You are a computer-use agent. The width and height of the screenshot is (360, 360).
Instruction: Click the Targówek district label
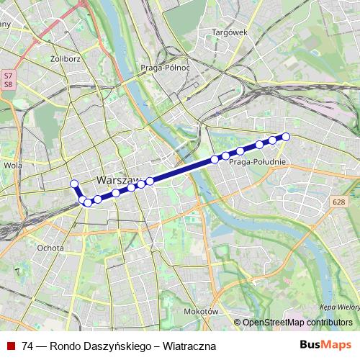click(x=229, y=32)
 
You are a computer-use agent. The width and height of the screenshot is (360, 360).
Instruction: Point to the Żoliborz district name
click(x=65, y=59)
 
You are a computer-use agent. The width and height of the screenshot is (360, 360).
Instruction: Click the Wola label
click(x=12, y=165)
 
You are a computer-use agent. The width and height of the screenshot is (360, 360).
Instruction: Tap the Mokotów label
click(x=200, y=312)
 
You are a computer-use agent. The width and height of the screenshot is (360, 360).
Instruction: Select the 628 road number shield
click(x=340, y=202)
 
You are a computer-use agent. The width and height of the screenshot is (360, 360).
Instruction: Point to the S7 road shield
click(x=8, y=75)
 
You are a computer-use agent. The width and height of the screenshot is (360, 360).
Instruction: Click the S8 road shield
click(x=8, y=84)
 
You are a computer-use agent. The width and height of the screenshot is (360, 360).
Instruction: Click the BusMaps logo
click(x=325, y=346)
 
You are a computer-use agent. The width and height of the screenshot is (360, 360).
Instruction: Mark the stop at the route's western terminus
click(x=73, y=184)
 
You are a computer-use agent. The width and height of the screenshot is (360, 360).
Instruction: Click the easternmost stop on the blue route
click(x=286, y=136)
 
